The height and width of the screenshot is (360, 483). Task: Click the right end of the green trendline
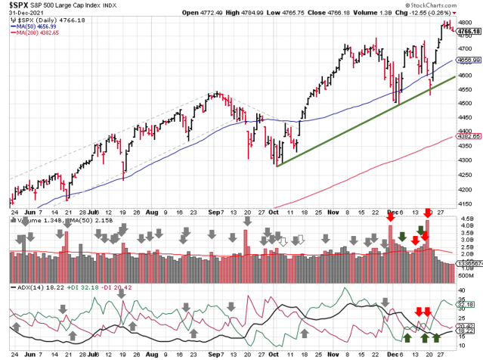click(454, 76)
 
